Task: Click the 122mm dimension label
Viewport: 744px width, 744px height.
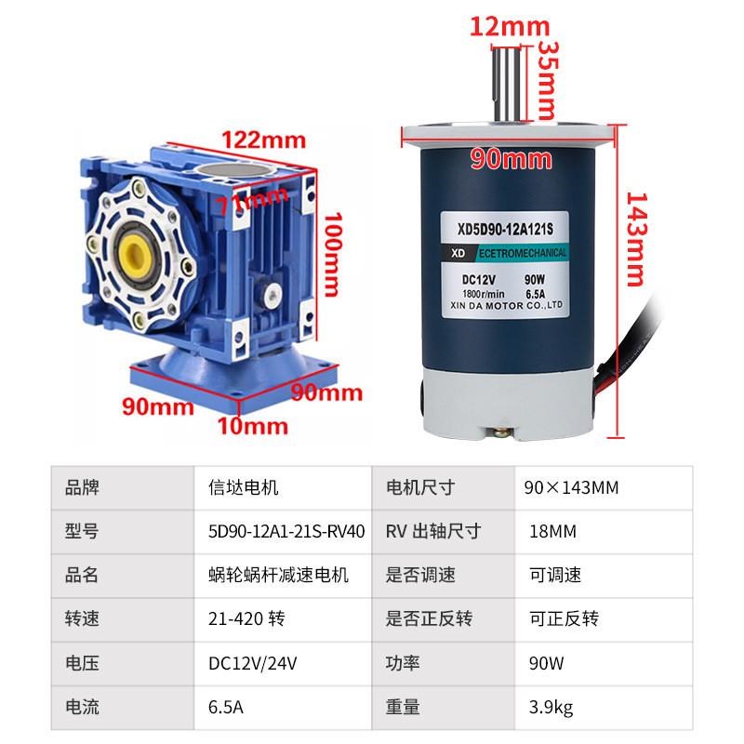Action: point(262,139)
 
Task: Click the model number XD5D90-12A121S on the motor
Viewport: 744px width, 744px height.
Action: point(507,225)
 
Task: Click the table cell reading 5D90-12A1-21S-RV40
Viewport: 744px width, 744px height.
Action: point(286,531)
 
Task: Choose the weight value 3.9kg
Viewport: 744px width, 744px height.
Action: point(551,708)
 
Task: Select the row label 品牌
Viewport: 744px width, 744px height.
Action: point(82,486)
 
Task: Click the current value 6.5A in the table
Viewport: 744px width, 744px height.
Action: point(227,708)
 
